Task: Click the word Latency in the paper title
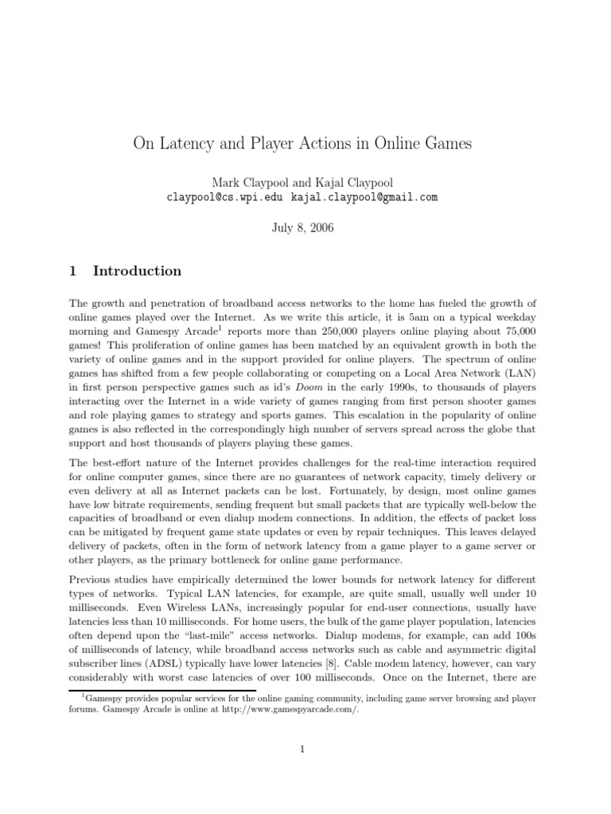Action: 185,144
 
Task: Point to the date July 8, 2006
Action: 305,227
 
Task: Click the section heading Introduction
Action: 137,271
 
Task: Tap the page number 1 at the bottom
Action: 305,748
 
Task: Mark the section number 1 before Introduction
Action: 73,271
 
